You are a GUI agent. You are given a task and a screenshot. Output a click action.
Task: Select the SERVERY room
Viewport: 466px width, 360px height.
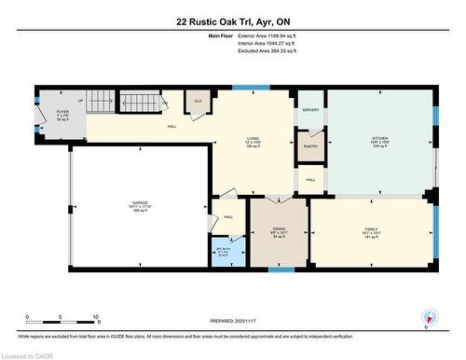point(310,110)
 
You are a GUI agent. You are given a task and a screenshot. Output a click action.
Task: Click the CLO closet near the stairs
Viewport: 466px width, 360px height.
point(199,102)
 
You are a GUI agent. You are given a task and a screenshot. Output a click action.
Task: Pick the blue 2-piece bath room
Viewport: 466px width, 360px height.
point(224,252)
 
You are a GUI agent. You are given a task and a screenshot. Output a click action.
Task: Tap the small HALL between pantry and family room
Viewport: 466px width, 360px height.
point(310,179)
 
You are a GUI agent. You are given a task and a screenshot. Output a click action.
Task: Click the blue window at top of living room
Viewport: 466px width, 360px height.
point(245,88)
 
